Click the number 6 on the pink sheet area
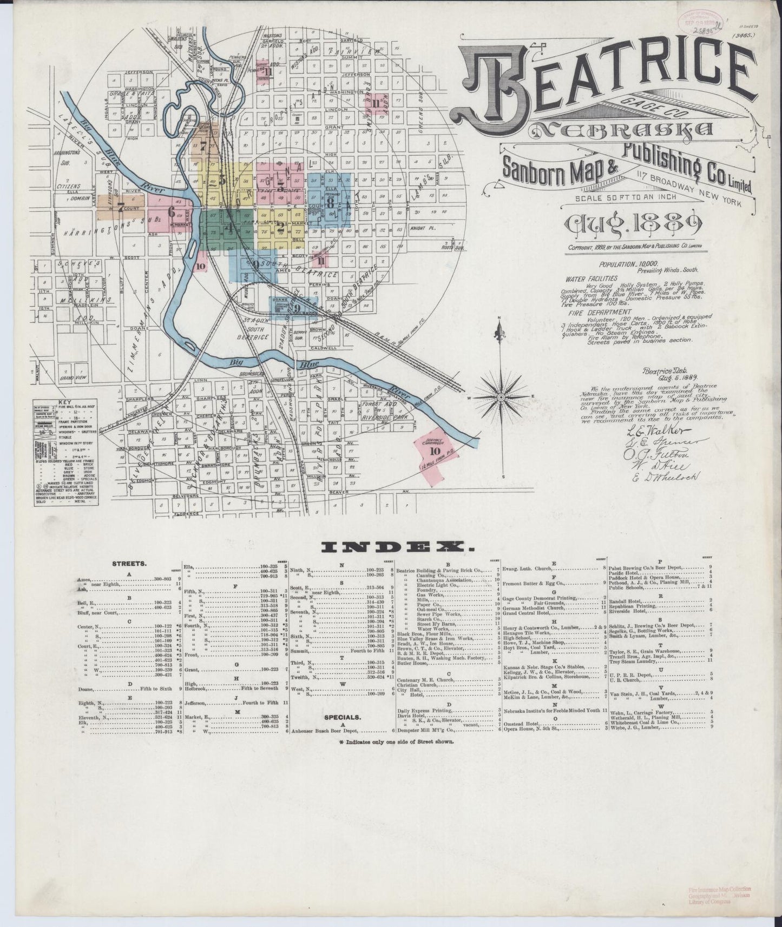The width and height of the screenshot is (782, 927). click(x=172, y=211)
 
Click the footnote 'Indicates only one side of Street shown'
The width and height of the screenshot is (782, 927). click(x=397, y=742)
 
